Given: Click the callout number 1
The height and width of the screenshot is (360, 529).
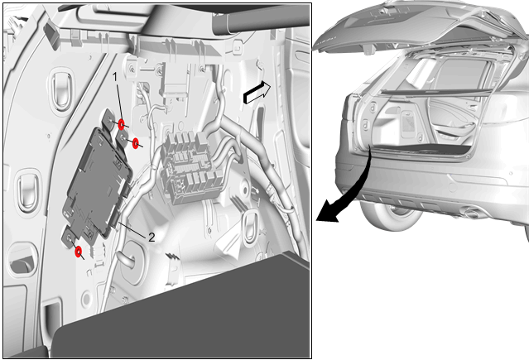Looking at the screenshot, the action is point(115,77).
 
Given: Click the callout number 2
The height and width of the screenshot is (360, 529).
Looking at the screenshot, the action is point(151,238).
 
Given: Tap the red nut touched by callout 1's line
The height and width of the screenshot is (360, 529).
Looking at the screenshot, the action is point(121,124).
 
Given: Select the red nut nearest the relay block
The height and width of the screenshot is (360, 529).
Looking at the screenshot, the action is point(136,143).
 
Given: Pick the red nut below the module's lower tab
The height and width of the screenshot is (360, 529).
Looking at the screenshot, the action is point(79,252).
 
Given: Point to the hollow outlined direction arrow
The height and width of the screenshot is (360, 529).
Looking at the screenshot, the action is point(257,93).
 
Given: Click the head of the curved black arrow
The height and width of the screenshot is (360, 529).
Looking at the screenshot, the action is point(327,213).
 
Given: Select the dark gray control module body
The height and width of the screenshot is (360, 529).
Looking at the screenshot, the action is point(97,183).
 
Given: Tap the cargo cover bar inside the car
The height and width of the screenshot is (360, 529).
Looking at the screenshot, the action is point(435,91).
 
